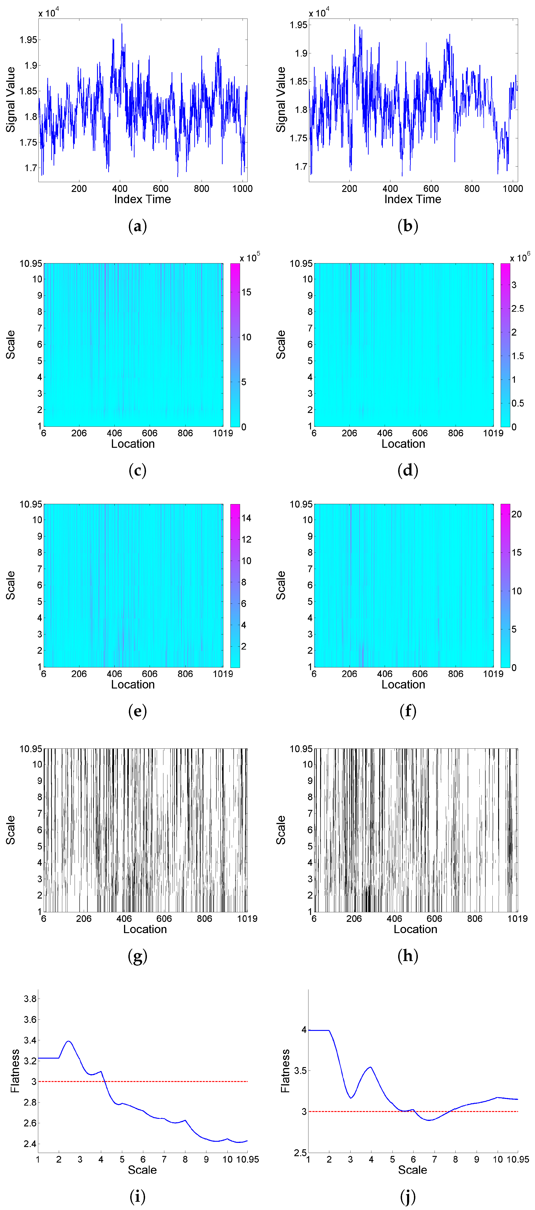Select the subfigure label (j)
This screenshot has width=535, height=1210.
click(407, 1196)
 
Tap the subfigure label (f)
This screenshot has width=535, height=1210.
click(407, 711)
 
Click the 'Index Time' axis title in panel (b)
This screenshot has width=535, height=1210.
click(413, 199)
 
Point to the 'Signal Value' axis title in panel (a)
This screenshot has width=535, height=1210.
click(10, 100)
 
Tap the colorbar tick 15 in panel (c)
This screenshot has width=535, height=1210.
click(246, 292)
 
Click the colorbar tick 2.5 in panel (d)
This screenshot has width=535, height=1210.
click(518, 309)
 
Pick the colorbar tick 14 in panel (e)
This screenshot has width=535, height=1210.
click(246, 518)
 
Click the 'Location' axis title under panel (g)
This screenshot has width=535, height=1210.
click(145, 929)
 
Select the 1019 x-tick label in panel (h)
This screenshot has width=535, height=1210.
click(517, 918)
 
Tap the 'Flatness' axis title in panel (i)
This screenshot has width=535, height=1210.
click(15, 1071)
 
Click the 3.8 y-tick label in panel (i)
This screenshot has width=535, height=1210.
click(30, 999)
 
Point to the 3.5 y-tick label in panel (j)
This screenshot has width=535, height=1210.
click(300, 1071)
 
